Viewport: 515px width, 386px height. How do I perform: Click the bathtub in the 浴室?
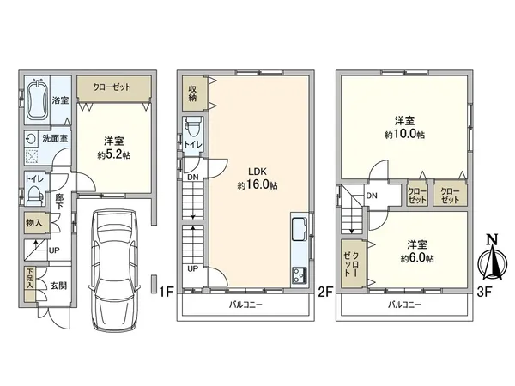[x=37, y=100]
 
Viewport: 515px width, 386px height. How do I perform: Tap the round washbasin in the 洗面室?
[x=31, y=139]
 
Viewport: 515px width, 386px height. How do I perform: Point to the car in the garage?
[x=114, y=270]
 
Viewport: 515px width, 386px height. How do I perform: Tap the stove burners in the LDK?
[x=300, y=275]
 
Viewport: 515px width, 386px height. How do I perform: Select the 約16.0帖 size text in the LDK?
[x=257, y=185]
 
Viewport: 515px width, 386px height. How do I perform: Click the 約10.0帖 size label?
[x=404, y=135]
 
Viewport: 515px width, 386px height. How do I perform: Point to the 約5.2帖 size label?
[x=114, y=154]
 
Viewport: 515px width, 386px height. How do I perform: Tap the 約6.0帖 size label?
[x=417, y=258]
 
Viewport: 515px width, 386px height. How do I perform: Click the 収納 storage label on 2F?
[x=192, y=93]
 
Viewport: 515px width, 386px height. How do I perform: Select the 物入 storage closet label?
[x=34, y=223]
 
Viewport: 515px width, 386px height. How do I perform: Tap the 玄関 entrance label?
[x=58, y=286]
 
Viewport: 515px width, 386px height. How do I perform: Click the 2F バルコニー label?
[x=245, y=305]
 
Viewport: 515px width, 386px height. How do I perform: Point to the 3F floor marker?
[x=484, y=292]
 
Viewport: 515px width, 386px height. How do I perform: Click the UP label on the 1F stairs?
[x=54, y=250]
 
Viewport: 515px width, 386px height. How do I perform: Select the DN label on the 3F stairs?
[x=372, y=196]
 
